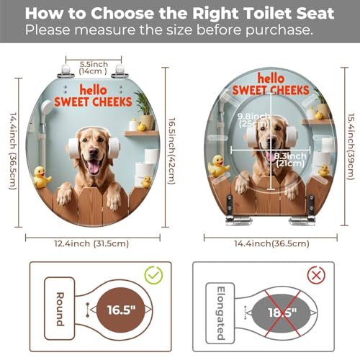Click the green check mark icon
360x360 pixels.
coord(153,275)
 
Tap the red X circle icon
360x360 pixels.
coord(316,275)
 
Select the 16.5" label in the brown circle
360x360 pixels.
coord(122,310)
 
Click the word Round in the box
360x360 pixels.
coord(60,309)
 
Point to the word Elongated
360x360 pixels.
coord(220,313)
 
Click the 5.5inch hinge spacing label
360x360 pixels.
coord(94,68)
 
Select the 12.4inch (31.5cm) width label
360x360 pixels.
coord(91,243)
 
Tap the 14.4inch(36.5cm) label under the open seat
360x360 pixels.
coord(271,243)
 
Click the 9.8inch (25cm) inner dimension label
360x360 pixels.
coord(253,120)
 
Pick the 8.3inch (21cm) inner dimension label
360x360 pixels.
coord(290,160)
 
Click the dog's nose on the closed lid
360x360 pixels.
coord(93,152)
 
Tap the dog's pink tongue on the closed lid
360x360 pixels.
coord(94,167)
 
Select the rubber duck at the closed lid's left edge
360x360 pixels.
coord(42,177)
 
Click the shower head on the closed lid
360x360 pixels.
coord(47,107)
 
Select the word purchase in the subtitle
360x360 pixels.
coord(279,30)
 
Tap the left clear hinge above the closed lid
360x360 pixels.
coord(66,71)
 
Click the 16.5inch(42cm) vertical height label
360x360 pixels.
coord(171,151)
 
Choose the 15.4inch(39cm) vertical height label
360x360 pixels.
coord(351,146)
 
